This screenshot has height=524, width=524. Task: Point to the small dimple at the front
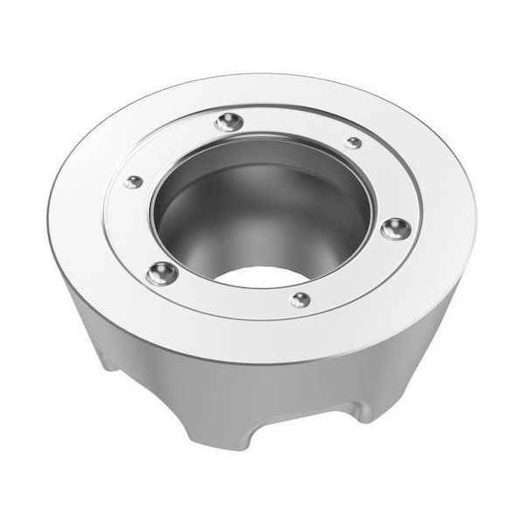click(300, 299)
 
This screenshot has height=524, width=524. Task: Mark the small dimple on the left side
click(133, 181)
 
